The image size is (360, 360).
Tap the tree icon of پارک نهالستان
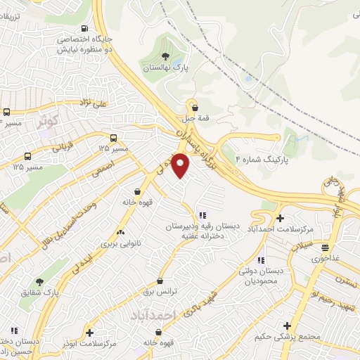point(165,56)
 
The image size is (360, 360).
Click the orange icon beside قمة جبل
point(191,103)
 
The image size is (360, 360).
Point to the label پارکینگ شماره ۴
point(266,160)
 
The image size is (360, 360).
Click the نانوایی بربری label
point(99,243)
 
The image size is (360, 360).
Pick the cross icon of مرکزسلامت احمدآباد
point(280,219)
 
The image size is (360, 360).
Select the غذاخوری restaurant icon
point(325,247)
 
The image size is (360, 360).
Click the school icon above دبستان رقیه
point(202,216)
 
